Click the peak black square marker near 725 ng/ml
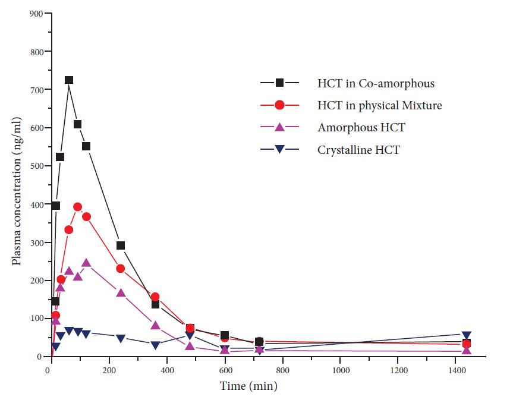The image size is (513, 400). tap(69, 80)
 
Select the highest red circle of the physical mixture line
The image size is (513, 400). tap(77, 207)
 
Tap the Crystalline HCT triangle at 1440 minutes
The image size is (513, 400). tap(467, 336)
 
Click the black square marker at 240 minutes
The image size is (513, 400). tap(121, 245)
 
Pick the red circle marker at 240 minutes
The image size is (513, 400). tap(121, 269)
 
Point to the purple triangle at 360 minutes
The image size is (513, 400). tap(155, 325)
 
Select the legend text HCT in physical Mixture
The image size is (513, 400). tap(379, 105)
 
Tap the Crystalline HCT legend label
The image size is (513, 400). tap(358, 150)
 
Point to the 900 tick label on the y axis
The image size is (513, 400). tap(37, 14)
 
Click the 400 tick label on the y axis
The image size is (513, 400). tap(37, 204)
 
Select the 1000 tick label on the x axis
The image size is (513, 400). tap(340, 370)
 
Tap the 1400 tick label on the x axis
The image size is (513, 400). tap(455, 370)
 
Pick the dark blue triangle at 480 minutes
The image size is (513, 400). tap(190, 335)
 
